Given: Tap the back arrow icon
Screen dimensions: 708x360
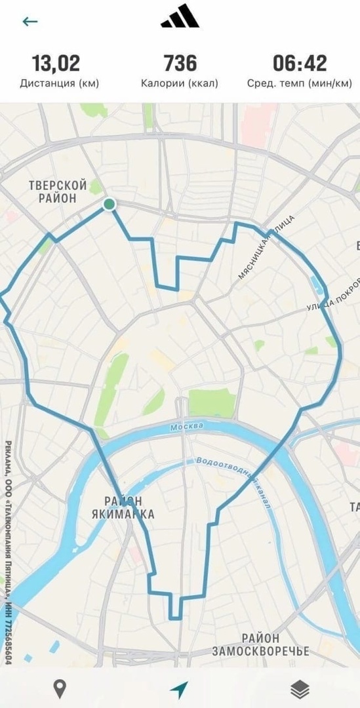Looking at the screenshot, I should point(30,21).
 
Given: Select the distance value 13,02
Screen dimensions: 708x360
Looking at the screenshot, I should point(56,64).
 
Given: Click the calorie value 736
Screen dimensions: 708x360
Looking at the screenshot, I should point(180,64).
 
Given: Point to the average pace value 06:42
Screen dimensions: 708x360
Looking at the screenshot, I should point(300,64).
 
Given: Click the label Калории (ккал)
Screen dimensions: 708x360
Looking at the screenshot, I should point(180,83).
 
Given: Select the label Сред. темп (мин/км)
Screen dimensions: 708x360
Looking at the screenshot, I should point(300,83).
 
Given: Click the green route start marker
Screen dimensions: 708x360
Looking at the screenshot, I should point(109,205).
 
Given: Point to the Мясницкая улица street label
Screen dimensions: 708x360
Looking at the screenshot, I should point(266,248).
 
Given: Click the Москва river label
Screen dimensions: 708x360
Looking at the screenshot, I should point(186,427).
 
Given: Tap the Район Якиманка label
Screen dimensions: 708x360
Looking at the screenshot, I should point(123,507).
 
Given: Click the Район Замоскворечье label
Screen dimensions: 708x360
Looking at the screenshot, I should point(260,644).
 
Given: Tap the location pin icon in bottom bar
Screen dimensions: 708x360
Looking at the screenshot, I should point(60,688).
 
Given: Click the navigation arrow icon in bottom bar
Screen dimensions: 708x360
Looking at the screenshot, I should point(179,689).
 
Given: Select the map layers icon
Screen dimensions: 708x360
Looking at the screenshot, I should point(300,688).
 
